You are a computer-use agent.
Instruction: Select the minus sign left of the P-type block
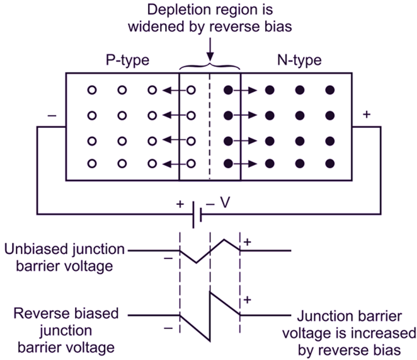point(51,116)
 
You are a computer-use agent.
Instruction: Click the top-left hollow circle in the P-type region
point(92,91)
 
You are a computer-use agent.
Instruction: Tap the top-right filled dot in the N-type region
point(329,91)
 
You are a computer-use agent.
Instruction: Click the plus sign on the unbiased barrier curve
point(248,242)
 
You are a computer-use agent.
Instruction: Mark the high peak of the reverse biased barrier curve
point(210,291)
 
